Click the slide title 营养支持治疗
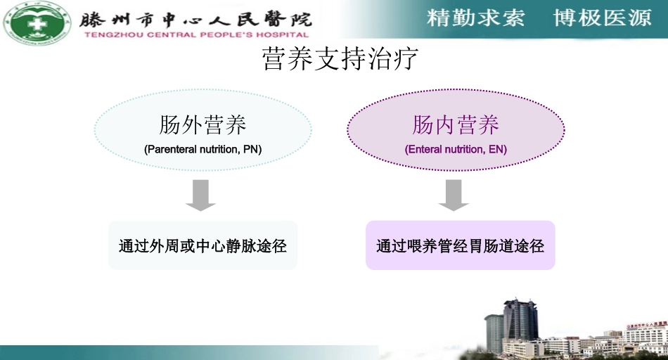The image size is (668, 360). point(340,59)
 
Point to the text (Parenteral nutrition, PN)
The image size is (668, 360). point(203,149)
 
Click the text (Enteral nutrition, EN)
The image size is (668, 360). point(456,149)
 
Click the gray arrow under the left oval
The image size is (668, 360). point(201,195)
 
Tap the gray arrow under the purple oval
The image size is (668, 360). point(454,195)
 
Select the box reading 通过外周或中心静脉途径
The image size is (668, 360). point(203,245)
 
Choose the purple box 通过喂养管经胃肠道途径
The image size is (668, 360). point(461,245)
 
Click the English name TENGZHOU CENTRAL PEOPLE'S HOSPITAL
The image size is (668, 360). point(196,34)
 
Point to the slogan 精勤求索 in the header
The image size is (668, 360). point(476,18)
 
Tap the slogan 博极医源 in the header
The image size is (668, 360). point(603,18)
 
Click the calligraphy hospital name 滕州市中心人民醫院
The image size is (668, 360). point(196,18)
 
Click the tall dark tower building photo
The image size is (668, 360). point(520,321)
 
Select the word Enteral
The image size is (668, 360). point(425,149)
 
